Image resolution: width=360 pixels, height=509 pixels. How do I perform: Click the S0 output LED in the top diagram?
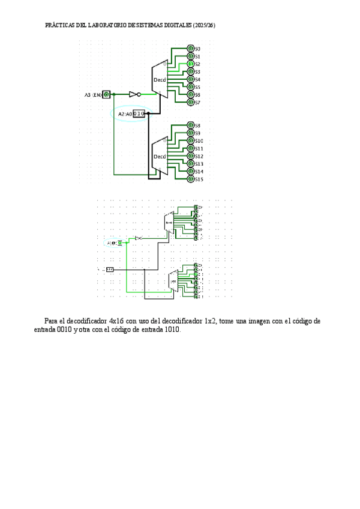tap(191, 49)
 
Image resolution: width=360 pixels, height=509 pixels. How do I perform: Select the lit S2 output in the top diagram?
tap(191, 64)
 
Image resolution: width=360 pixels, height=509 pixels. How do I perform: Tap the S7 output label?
tap(198, 103)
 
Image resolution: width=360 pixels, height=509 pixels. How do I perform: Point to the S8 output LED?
tap(191, 125)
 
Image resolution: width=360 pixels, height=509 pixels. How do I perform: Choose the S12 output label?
tap(199, 156)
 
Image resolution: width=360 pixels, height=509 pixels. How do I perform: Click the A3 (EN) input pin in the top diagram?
tap(107, 95)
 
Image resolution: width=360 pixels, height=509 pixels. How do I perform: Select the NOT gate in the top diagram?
tap(134, 95)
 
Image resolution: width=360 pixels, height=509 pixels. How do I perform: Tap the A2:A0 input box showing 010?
tap(139, 113)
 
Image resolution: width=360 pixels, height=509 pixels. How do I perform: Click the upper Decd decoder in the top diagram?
tap(160, 79)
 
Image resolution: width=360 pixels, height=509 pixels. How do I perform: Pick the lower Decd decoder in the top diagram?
tap(160, 157)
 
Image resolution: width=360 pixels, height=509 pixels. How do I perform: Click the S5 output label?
tap(198, 87)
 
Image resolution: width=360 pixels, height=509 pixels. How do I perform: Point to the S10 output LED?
tap(191, 141)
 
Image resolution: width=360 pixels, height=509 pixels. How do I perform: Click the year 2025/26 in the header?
tap(204, 26)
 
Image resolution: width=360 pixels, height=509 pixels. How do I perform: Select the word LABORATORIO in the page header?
tap(112, 26)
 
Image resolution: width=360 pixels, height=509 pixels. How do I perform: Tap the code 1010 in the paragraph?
tap(170, 330)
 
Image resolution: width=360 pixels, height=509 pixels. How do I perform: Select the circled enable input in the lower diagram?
tap(119, 242)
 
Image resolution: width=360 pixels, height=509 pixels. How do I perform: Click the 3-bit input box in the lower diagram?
tap(110, 270)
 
